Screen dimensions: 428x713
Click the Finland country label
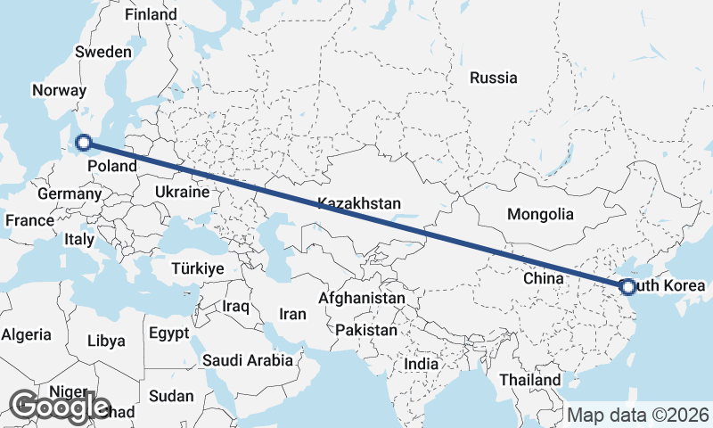click(x=151, y=15)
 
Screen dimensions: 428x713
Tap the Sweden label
click(x=103, y=52)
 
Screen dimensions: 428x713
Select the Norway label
click(x=59, y=90)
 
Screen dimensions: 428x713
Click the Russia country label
click(x=493, y=78)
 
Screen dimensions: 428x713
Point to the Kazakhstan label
click(x=359, y=204)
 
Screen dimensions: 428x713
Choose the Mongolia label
click(x=540, y=214)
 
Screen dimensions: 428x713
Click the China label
click(x=544, y=278)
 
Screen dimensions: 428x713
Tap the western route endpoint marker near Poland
click(x=84, y=142)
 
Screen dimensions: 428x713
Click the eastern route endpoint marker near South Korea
click(x=627, y=287)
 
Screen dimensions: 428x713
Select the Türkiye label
click(x=198, y=268)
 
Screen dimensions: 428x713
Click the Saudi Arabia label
click(x=248, y=360)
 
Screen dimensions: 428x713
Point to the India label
click(x=421, y=364)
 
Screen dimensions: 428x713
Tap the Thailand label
click(x=529, y=380)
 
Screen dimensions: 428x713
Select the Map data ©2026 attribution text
click(x=638, y=415)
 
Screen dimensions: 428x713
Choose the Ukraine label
click(x=182, y=192)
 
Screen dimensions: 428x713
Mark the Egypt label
click(x=168, y=333)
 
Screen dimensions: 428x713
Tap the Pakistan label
click(x=366, y=330)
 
